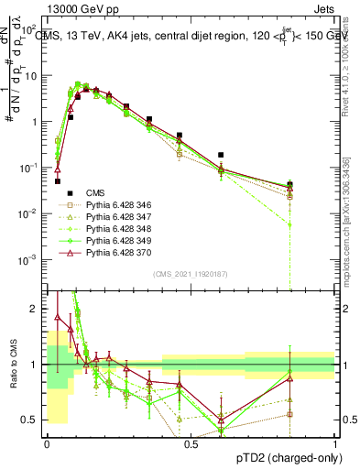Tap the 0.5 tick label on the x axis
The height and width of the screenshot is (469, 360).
tap(191, 443)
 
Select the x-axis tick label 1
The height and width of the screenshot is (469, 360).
tap(334, 443)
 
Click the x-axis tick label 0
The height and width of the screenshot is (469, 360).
tap(47, 443)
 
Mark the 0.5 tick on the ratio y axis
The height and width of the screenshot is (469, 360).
tap(33, 420)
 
